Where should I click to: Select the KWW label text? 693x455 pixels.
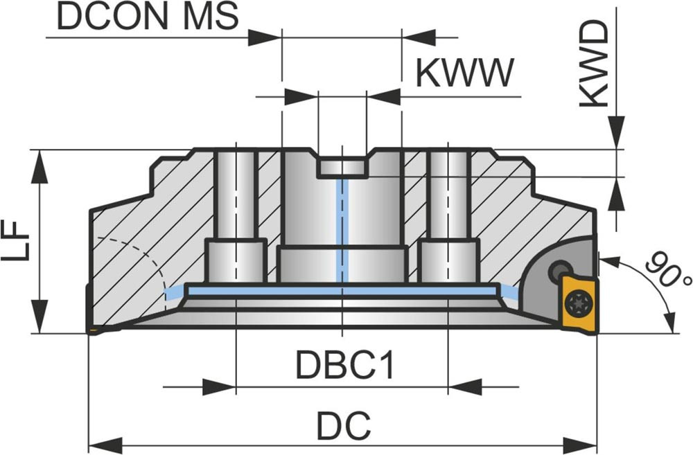[x=465, y=73]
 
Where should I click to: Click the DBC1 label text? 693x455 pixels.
[x=345, y=364]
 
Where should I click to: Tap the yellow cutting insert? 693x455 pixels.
[x=577, y=302]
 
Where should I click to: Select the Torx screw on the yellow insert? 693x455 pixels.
[x=575, y=303]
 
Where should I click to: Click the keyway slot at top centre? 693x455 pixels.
[x=342, y=166]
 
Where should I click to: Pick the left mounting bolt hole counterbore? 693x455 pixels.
[x=236, y=260]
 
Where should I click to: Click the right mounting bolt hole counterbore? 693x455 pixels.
[x=448, y=260]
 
